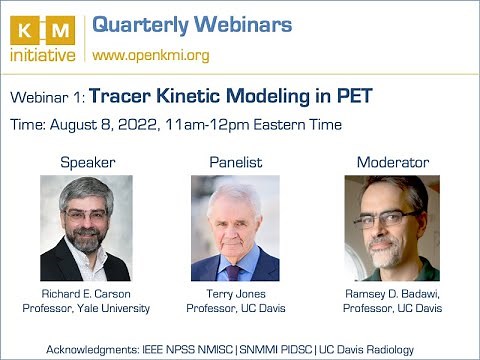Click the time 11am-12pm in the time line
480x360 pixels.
coord(216,125)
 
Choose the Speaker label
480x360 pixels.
coord(87,161)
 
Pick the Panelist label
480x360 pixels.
coord(235,161)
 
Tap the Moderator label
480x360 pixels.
coord(393,161)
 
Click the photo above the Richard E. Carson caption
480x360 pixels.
coord(86,228)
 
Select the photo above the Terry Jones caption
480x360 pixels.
coord(235,228)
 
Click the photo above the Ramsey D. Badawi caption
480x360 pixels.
coord(392,228)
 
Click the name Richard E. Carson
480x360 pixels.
coord(86,295)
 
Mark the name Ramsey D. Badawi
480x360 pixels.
coord(393,295)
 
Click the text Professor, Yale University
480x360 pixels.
coord(86,309)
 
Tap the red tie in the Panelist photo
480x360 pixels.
coord(233,271)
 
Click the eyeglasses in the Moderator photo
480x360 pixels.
coord(384,219)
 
